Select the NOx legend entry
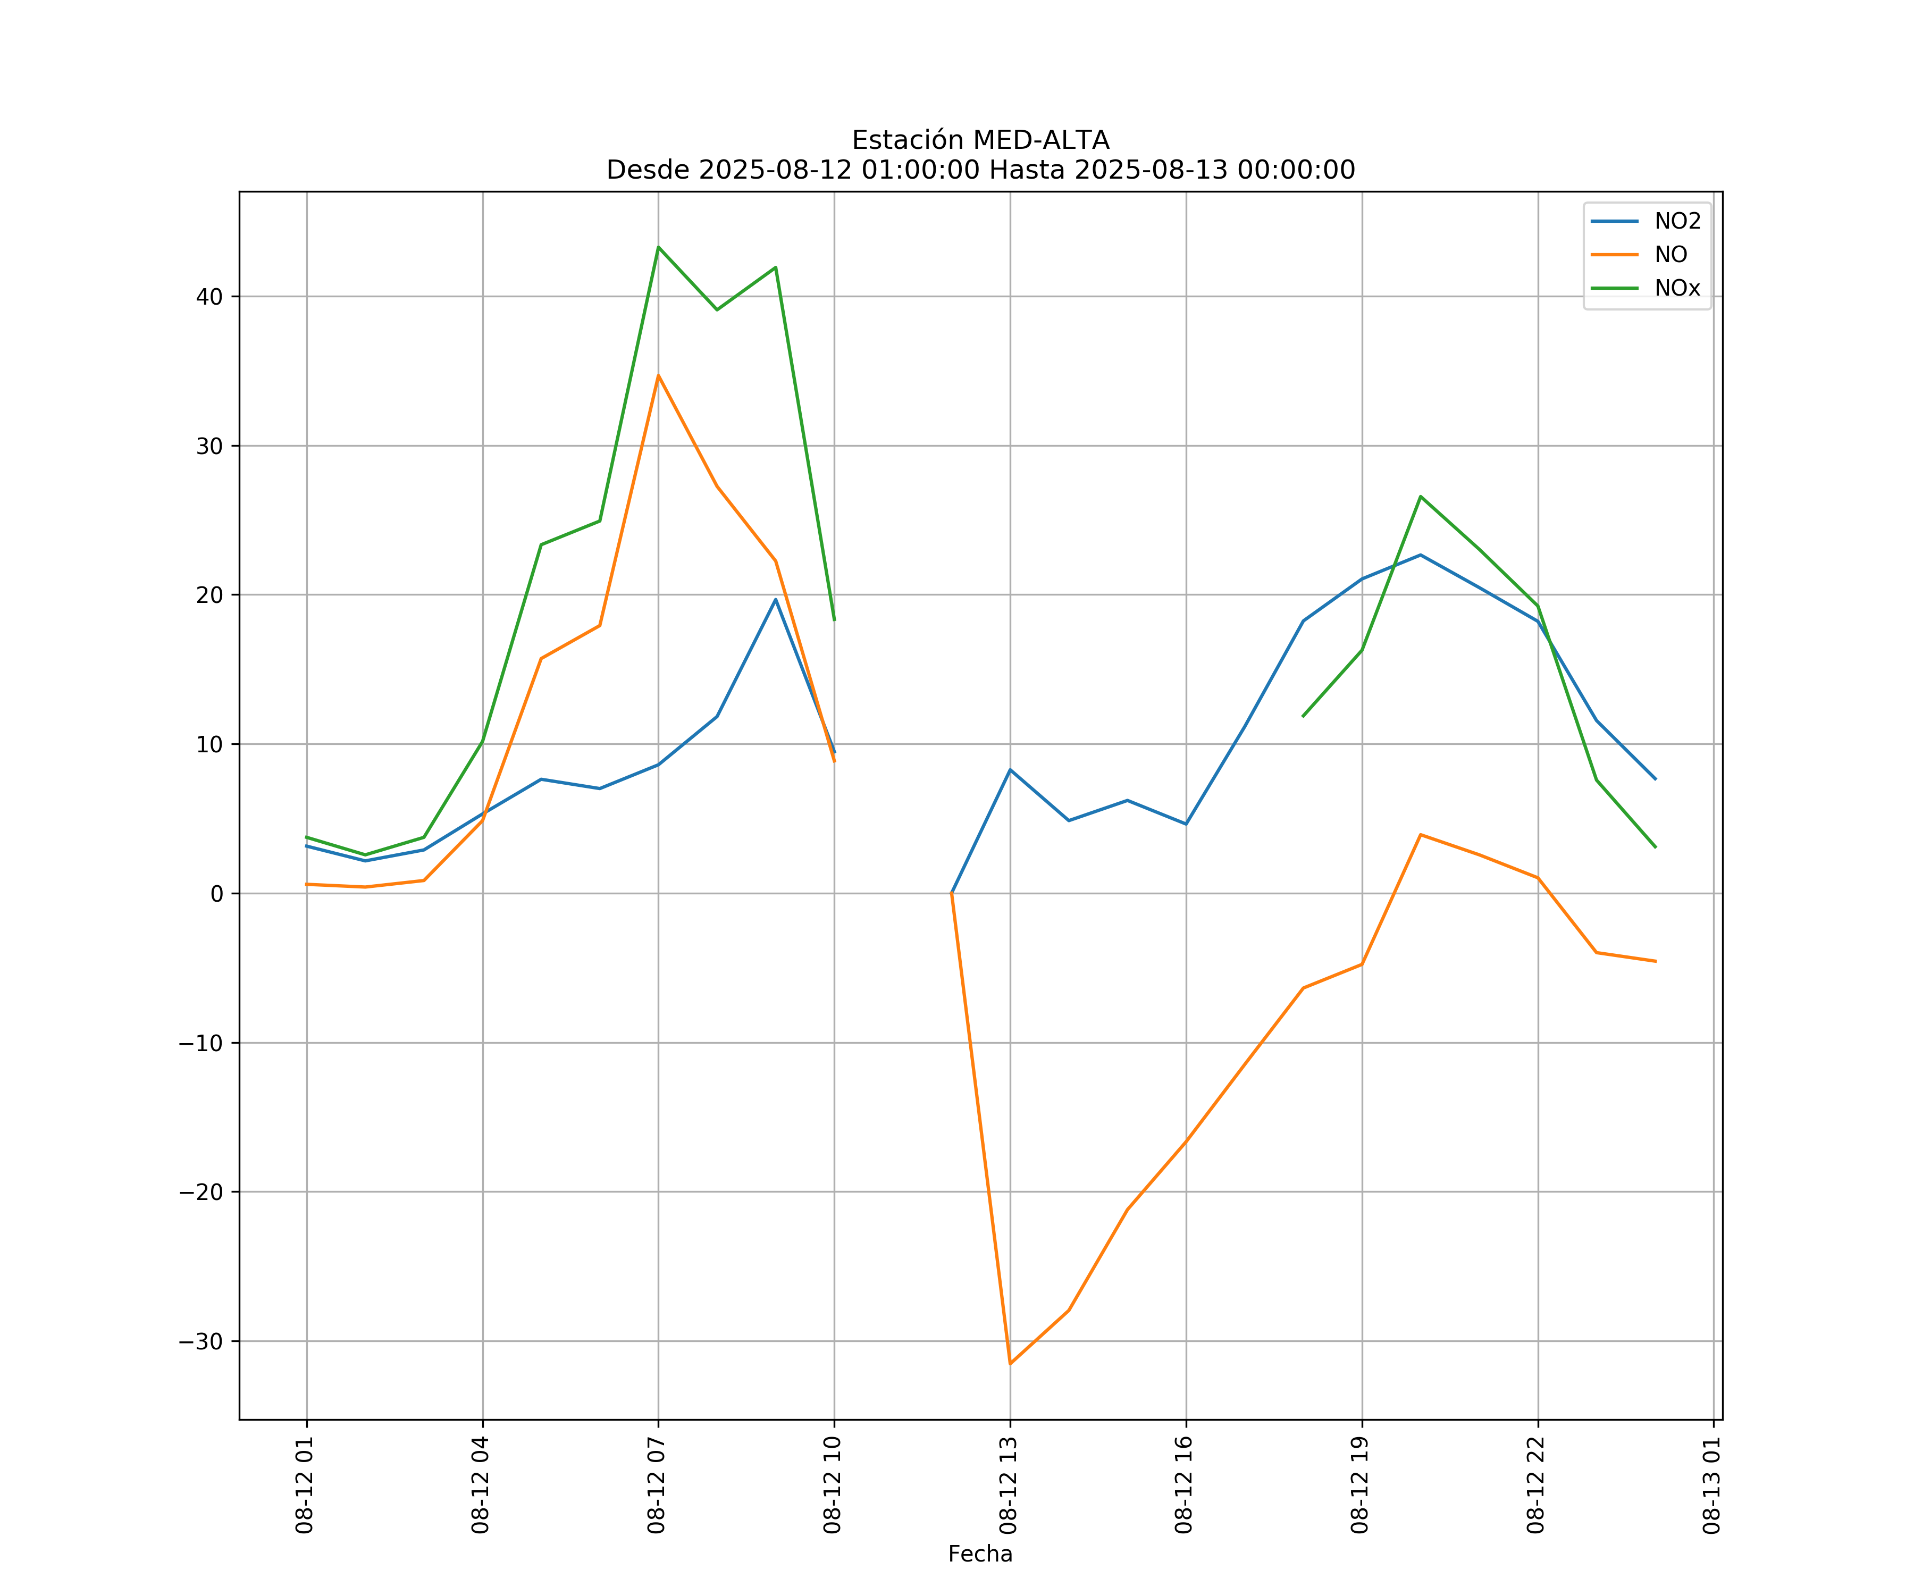pos(1677,288)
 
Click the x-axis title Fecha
pos(980,1554)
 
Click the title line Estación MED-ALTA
pos(980,140)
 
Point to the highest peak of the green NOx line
pos(658,247)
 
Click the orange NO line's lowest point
pos(1010,1364)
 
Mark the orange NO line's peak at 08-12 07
pos(658,375)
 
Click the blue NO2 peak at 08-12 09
pos(776,600)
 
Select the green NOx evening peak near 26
pos(1420,497)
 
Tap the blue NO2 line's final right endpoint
pos(1655,779)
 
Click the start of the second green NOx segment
pos(1303,716)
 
